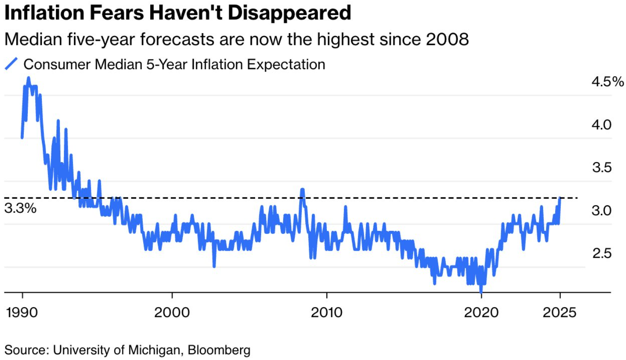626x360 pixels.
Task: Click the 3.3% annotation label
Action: [20, 208]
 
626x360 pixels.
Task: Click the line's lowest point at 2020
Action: [481, 291]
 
